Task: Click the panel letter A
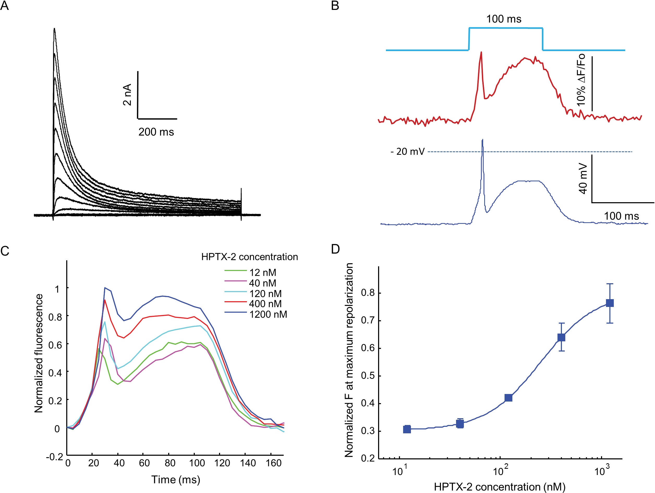tap(4, 6)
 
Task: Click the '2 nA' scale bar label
tap(127, 95)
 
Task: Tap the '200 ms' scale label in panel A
tap(156, 132)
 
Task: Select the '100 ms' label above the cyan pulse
tap(504, 19)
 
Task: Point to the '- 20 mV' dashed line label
tap(408, 151)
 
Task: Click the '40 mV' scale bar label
tap(583, 178)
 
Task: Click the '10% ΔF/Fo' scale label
tap(581, 80)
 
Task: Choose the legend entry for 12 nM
tap(262, 273)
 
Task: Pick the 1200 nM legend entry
tap(268, 314)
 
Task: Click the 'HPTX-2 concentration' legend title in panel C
tap(249, 257)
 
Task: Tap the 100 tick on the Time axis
tap(197, 463)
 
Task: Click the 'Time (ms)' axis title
tap(175, 480)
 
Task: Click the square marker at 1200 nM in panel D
tap(609, 303)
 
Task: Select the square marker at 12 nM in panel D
tap(407, 429)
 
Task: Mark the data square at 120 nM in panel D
tap(508, 398)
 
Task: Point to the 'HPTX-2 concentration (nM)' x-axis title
tap(500, 487)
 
